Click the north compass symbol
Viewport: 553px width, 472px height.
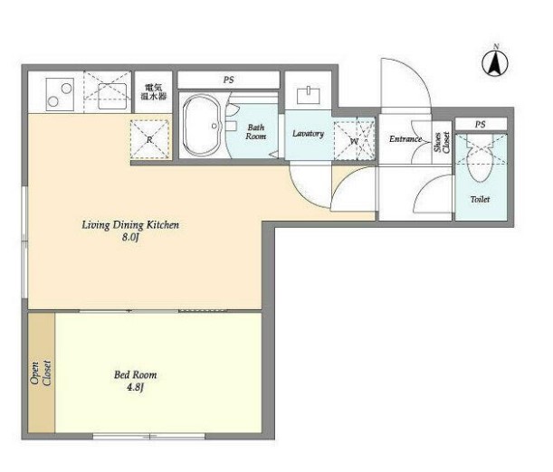pos(495,61)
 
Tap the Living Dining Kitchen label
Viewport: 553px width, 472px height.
pos(130,225)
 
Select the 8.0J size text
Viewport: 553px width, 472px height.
pos(130,238)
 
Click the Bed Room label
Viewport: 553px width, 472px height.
pos(136,374)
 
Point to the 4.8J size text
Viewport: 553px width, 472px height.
pos(136,388)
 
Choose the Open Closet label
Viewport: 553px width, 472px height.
pos(41,373)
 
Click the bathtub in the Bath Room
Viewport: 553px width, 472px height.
pos(202,126)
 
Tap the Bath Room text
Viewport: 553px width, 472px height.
pos(256,132)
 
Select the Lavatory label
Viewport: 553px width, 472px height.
pos(308,134)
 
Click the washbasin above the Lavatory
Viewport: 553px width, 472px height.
pos(309,96)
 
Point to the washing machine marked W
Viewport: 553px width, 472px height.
pos(354,140)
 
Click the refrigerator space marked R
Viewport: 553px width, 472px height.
pos(149,139)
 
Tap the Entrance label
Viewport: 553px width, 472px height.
pos(405,138)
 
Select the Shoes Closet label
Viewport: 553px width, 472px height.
pos(442,142)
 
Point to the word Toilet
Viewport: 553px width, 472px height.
pos(480,199)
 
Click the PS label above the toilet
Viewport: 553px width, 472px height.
pos(480,125)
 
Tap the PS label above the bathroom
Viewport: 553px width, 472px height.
pos(229,80)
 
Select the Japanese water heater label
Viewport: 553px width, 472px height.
pos(154,91)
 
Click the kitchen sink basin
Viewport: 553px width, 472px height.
pos(112,96)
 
